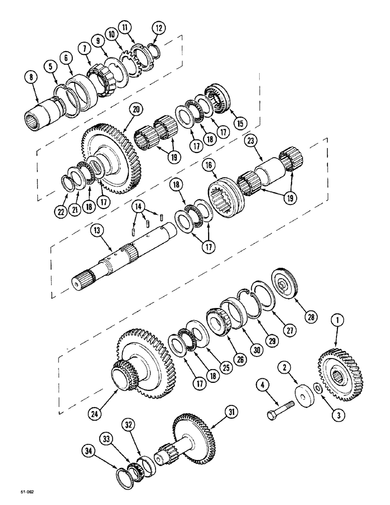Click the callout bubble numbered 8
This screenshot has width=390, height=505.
click(x=31, y=78)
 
